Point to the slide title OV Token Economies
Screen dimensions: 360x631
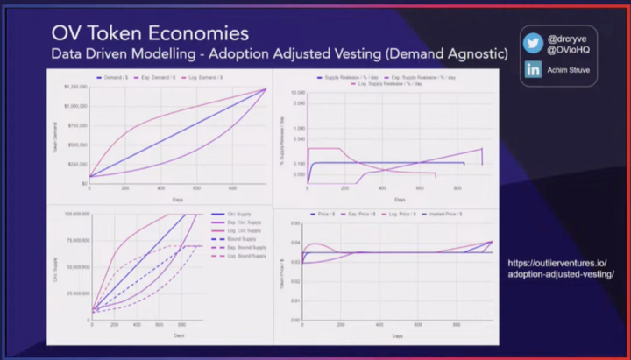point(149,34)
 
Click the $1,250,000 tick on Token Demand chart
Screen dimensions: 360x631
point(75,88)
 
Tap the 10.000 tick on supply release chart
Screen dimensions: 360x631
point(298,93)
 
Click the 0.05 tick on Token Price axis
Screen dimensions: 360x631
point(295,227)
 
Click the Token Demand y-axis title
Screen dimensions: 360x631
point(57,136)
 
